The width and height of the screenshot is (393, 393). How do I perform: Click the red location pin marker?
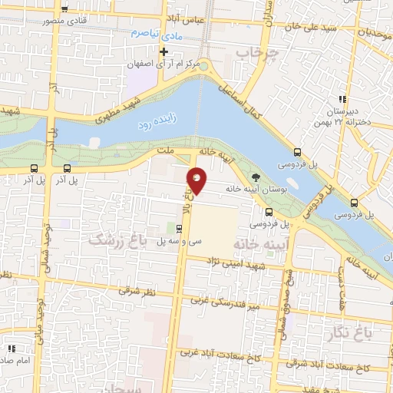197,180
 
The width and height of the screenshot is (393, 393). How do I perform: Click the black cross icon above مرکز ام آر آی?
163,51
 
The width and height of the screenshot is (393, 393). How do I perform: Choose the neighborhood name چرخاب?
255,52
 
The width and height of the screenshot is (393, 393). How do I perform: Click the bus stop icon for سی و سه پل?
179,228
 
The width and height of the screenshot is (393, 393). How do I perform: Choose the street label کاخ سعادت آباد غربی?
220,354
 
